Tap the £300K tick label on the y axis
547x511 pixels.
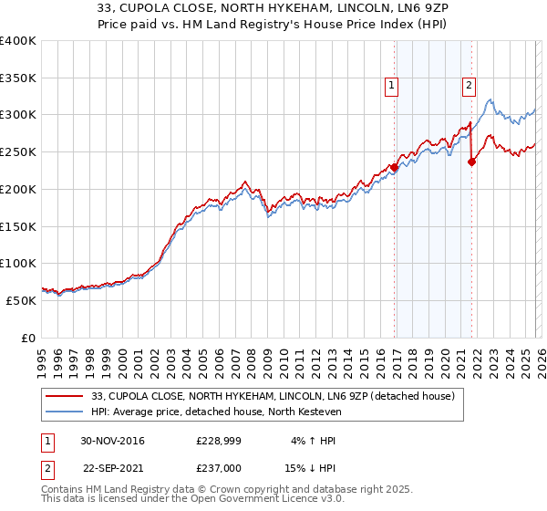point(18,115)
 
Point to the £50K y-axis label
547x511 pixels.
point(21,300)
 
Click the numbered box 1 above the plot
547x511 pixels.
point(391,86)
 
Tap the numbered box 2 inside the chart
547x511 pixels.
point(469,86)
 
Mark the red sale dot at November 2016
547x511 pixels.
point(395,167)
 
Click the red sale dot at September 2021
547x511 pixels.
point(472,162)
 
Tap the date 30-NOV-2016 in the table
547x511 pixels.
point(112,441)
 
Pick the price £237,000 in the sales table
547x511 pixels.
point(218,468)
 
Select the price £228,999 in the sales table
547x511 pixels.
point(218,441)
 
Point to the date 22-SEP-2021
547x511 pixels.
point(112,468)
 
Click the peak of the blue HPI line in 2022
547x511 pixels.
point(490,99)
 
